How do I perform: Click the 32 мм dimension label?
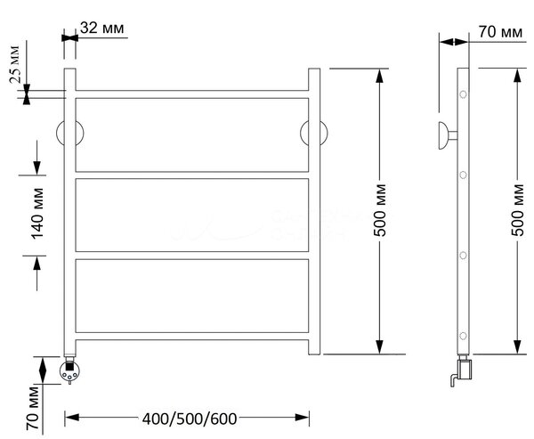point(102,28)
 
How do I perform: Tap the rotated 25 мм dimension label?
point(15,64)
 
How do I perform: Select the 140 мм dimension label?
point(37,214)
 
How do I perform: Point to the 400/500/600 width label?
point(190,419)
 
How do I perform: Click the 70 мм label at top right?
point(500,32)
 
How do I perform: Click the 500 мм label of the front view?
point(380,210)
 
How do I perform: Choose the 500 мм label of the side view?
point(518,210)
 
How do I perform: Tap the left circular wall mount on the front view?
point(69,133)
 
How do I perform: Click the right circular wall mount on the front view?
point(314,133)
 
